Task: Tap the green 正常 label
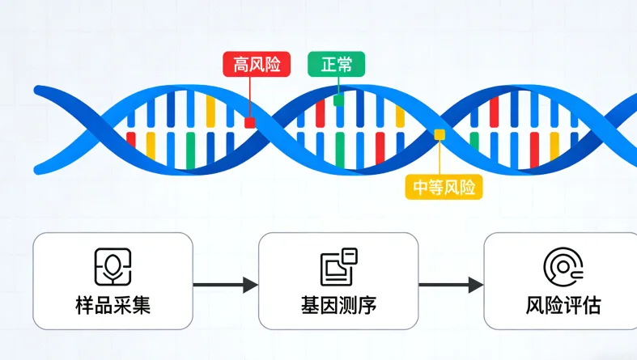[336, 65]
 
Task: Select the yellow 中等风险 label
[444, 188]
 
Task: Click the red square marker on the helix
[250, 122]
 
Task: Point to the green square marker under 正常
[338, 100]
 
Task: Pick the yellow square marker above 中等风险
[440, 134]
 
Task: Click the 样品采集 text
[113, 307]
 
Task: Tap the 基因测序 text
[338, 307]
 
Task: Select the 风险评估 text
[563, 307]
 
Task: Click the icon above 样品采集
[113, 266]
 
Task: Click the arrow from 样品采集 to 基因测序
[225, 285]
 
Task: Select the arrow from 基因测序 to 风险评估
[451, 285]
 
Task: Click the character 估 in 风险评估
[592, 307]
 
